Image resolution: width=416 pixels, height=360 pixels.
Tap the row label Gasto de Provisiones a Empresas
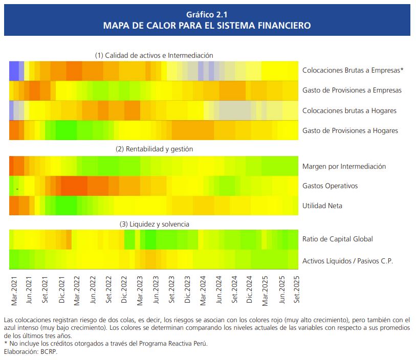(352, 91)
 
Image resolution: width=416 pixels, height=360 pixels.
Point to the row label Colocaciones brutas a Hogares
(349, 110)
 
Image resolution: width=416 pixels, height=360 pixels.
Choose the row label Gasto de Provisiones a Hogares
(350, 131)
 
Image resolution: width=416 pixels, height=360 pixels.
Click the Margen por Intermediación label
(344, 166)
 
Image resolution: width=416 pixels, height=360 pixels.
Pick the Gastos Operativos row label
(330, 186)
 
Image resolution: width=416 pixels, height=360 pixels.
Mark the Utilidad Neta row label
(322, 206)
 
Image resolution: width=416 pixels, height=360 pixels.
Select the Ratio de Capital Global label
(338, 239)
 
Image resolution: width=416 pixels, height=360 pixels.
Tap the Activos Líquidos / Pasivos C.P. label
(347, 261)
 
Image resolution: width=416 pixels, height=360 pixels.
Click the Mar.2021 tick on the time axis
(14, 291)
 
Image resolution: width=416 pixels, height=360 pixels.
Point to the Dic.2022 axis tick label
(124, 291)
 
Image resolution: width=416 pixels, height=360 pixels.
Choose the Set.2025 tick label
(296, 291)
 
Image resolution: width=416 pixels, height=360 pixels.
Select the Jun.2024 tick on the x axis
(218, 291)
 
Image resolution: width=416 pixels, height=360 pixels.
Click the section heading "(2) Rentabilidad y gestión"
(154, 149)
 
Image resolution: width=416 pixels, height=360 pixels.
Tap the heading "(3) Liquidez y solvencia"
(154, 224)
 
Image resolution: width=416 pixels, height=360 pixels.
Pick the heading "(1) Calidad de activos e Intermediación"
(154, 55)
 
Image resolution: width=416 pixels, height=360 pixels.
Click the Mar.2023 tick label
(140, 291)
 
